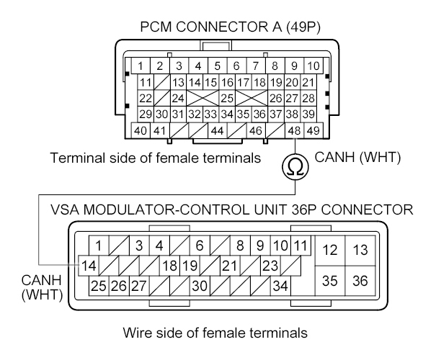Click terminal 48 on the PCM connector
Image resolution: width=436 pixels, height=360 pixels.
pyautogui.click(x=294, y=131)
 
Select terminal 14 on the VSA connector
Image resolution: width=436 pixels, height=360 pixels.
pyautogui.click(x=86, y=266)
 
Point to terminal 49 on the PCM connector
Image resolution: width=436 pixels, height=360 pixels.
pyautogui.click(x=312, y=131)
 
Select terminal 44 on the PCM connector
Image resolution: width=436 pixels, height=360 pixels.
pyautogui.click(x=218, y=131)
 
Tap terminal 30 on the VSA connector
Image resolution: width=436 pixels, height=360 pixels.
pyautogui.click(x=200, y=286)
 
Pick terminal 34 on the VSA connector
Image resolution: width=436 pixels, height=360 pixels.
pyautogui.click(x=280, y=286)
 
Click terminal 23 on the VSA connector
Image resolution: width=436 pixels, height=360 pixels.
pyautogui.click(x=269, y=266)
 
